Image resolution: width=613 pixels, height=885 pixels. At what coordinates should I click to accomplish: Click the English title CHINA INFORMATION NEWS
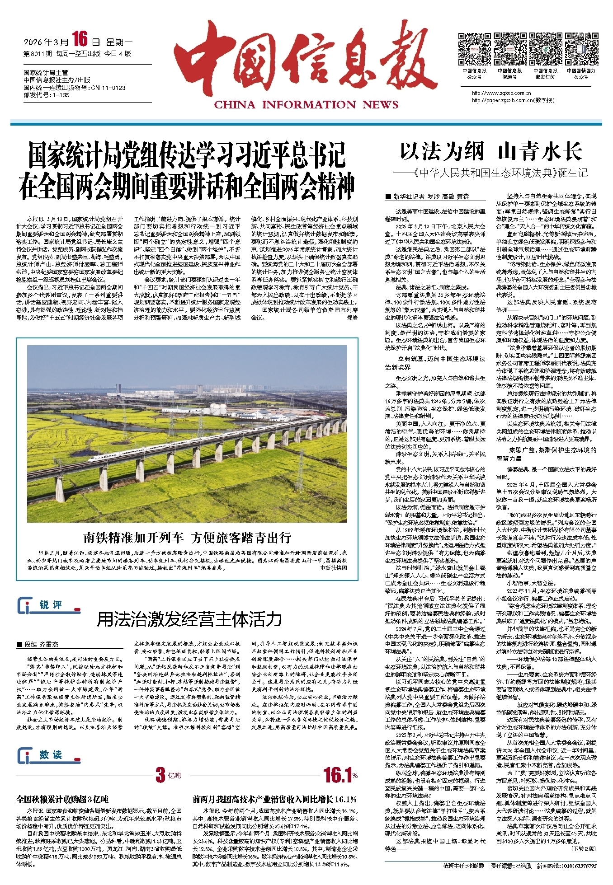pyautogui.click(x=306, y=105)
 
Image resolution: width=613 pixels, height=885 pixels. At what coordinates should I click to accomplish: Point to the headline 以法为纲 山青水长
pyautogui.click(x=491, y=152)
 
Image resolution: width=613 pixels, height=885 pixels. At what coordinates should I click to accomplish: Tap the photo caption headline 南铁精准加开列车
pyautogui.click(x=187, y=538)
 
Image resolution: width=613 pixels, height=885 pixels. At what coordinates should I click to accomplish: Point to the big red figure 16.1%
pyautogui.click(x=340, y=775)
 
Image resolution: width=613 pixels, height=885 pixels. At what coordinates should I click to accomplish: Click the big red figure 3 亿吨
pyautogui.click(x=168, y=775)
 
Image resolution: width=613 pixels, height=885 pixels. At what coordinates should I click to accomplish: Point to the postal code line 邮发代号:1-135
pyautogui.click(x=46, y=95)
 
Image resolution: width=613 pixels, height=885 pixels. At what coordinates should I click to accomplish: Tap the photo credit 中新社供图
pyautogui.click(x=334, y=568)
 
